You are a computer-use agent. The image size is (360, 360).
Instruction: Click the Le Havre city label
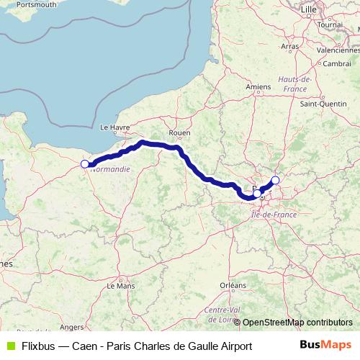[x=114, y=127]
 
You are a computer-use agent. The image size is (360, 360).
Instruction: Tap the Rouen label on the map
[x=179, y=132]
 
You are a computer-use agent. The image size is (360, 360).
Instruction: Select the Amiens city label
[x=257, y=87]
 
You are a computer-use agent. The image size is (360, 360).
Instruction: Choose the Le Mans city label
[x=120, y=286]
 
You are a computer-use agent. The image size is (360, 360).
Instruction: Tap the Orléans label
[x=232, y=286]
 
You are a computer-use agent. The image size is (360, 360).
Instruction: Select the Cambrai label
[x=337, y=63]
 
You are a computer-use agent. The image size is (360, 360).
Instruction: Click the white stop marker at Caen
[x=85, y=164]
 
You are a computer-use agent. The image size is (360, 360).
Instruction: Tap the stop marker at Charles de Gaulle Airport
[x=275, y=180]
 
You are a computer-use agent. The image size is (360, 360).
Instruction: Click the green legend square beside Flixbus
[x=9, y=346]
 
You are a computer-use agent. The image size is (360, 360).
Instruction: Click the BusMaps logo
[x=325, y=345]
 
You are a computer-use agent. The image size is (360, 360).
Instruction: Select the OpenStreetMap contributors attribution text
[x=297, y=323]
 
